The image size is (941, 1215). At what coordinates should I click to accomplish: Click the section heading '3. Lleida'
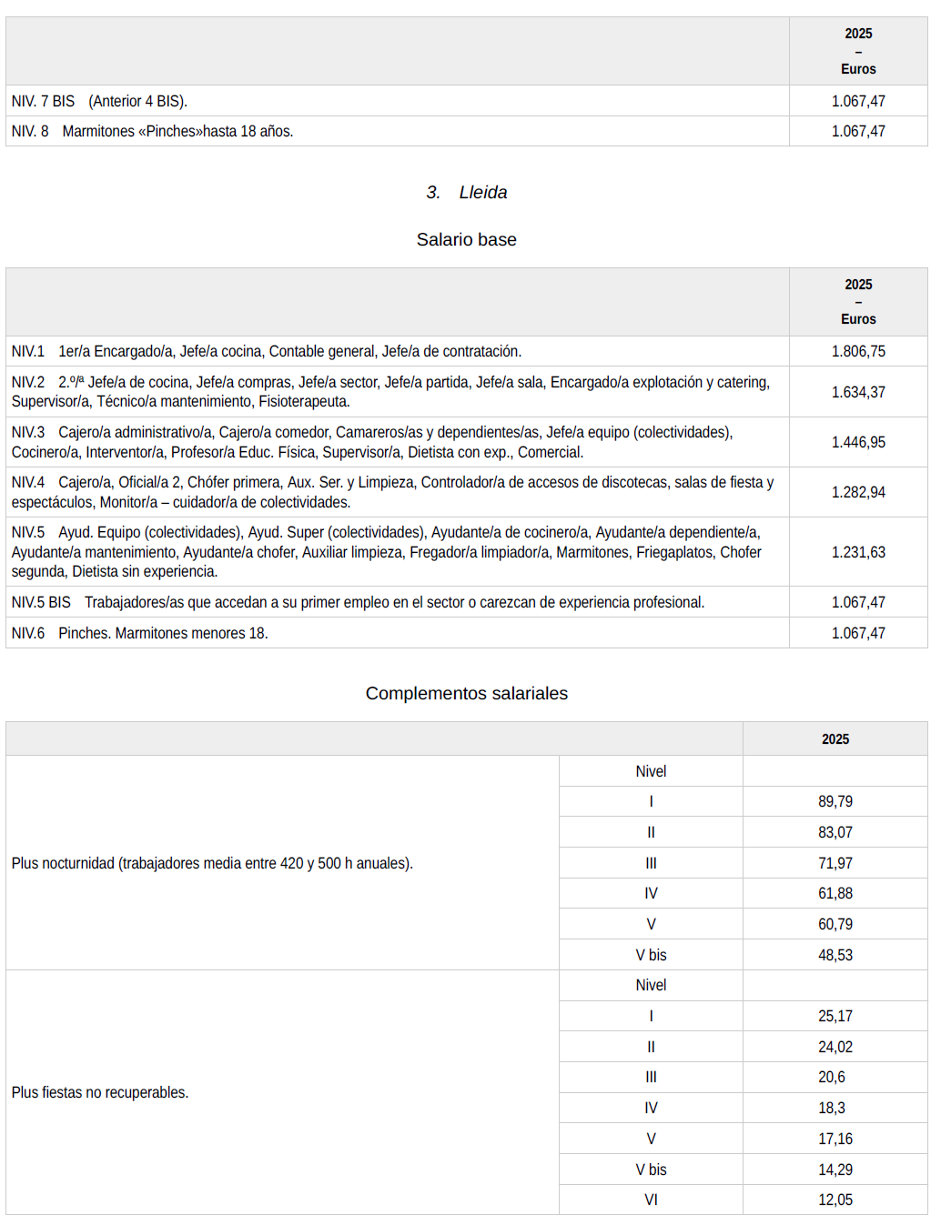point(466,192)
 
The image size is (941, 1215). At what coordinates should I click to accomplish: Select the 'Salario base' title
point(466,239)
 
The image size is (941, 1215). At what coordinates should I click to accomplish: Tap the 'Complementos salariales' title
point(466,693)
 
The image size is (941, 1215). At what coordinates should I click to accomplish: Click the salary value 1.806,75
point(857,351)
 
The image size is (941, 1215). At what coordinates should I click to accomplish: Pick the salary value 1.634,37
point(857,392)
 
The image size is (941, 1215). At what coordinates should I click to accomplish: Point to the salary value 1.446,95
point(857,442)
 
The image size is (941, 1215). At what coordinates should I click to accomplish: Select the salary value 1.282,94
point(857,492)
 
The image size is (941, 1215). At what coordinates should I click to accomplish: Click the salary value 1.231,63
point(857,552)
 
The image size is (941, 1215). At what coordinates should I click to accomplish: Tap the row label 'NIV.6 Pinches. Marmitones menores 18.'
point(139,633)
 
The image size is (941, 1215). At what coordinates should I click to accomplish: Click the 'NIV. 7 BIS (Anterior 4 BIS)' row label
point(99,101)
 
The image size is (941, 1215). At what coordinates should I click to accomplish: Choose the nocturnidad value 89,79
point(835,801)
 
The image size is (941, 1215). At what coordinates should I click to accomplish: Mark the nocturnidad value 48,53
point(835,955)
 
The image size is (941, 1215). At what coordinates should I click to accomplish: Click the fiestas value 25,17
point(835,1016)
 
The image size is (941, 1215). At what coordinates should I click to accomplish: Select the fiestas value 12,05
point(835,1200)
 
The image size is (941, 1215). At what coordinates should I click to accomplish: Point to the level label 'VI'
point(651,1200)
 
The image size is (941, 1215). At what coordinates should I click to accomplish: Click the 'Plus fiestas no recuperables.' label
point(100,1092)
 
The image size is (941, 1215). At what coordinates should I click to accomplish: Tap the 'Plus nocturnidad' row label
point(212,863)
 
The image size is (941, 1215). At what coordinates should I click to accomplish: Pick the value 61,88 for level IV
point(835,893)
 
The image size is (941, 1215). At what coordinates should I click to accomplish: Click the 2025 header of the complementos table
point(835,739)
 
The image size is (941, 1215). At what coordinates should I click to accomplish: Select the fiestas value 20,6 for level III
point(831,1077)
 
